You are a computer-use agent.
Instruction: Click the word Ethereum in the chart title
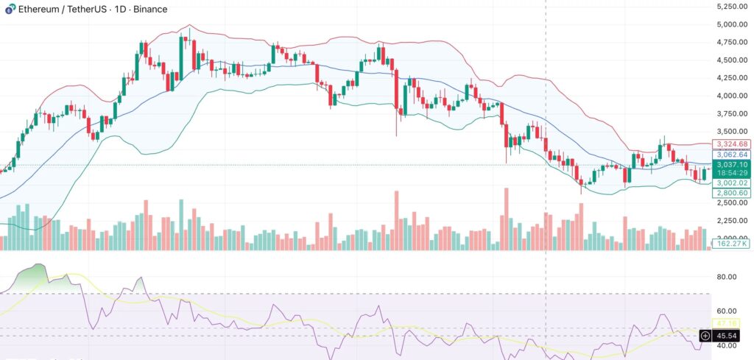point(38,9)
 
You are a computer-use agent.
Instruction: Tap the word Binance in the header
point(148,9)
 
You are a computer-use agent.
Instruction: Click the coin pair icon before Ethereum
point(8,9)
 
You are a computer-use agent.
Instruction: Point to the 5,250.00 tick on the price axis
point(732,7)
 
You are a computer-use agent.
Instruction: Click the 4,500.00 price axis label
point(732,60)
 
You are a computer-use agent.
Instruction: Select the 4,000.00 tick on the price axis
point(732,96)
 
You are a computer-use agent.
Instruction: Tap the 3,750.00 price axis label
point(732,113)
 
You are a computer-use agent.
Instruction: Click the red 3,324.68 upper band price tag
point(732,144)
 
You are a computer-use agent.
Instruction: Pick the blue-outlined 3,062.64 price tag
point(732,155)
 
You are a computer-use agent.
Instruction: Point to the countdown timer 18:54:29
point(732,174)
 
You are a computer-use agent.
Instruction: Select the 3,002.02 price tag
point(732,183)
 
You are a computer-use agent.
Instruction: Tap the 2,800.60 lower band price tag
point(732,193)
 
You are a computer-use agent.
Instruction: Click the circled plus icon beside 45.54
point(705,336)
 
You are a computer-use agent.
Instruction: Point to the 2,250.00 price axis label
point(732,220)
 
